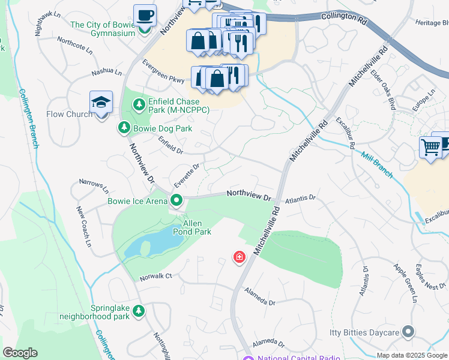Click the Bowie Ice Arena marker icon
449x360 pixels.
tap(176, 200)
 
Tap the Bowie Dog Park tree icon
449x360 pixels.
tap(124, 128)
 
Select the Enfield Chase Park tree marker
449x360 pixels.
tap(139, 106)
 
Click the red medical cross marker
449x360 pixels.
tap(240, 258)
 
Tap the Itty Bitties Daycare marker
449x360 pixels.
tap(408, 332)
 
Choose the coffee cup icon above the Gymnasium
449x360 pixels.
tap(144, 16)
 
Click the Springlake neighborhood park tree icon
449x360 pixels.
tap(139, 311)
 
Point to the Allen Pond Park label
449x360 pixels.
tap(196, 227)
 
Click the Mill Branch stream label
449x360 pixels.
tap(377, 166)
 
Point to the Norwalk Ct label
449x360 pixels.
tap(156, 276)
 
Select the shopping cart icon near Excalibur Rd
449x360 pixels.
tap(430, 147)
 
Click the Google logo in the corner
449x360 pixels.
tap(20, 353)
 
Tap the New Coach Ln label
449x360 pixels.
tap(83, 227)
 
